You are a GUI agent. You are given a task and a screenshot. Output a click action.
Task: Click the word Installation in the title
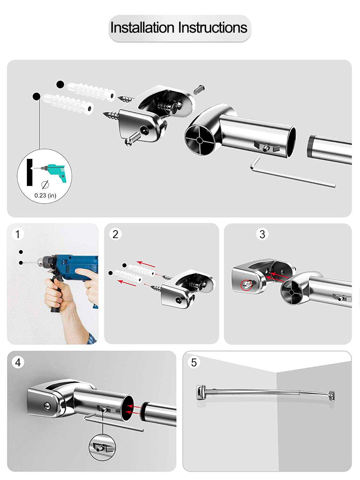click(142, 28)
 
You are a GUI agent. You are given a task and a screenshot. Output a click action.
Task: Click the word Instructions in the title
click(213, 28)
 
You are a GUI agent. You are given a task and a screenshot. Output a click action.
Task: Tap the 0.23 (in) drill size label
click(45, 195)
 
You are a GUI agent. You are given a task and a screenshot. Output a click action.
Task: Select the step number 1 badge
click(18, 234)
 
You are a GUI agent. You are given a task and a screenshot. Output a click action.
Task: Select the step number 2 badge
click(115, 234)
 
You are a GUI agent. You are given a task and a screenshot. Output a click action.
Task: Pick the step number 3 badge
click(262, 234)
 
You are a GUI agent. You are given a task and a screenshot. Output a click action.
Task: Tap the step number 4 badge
click(18, 362)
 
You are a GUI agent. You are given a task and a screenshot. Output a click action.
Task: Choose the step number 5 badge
click(194, 362)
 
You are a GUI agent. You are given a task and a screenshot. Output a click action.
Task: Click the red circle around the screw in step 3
click(246, 285)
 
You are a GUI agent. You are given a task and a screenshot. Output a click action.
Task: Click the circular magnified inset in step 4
click(102, 447)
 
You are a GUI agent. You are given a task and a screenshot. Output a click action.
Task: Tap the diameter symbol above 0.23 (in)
click(45, 185)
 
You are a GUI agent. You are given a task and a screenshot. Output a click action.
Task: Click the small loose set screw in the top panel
click(199, 90)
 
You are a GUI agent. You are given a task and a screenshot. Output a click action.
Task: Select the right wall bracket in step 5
click(332, 396)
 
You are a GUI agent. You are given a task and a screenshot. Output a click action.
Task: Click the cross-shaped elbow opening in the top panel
click(200, 140)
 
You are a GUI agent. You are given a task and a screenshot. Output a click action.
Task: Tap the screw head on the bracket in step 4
click(47, 406)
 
